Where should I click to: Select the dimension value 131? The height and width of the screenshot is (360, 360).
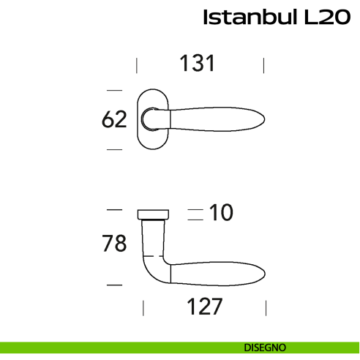click(x=198, y=64)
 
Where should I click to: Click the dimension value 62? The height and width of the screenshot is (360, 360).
click(x=115, y=119)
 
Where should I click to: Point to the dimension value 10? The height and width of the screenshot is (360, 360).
click(x=220, y=213)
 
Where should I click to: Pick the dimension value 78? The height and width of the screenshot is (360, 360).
click(x=115, y=244)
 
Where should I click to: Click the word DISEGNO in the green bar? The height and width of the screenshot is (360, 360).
click(x=265, y=347)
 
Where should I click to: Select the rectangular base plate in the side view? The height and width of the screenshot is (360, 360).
click(x=154, y=213)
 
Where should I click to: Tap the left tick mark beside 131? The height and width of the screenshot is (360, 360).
click(x=137, y=66)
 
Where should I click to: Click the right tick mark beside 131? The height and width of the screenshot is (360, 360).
click(x=263, y=66)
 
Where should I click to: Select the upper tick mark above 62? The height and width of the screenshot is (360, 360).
click(x=113, y=91)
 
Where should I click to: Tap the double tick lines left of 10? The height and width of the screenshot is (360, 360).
click(x=194, y=214)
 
